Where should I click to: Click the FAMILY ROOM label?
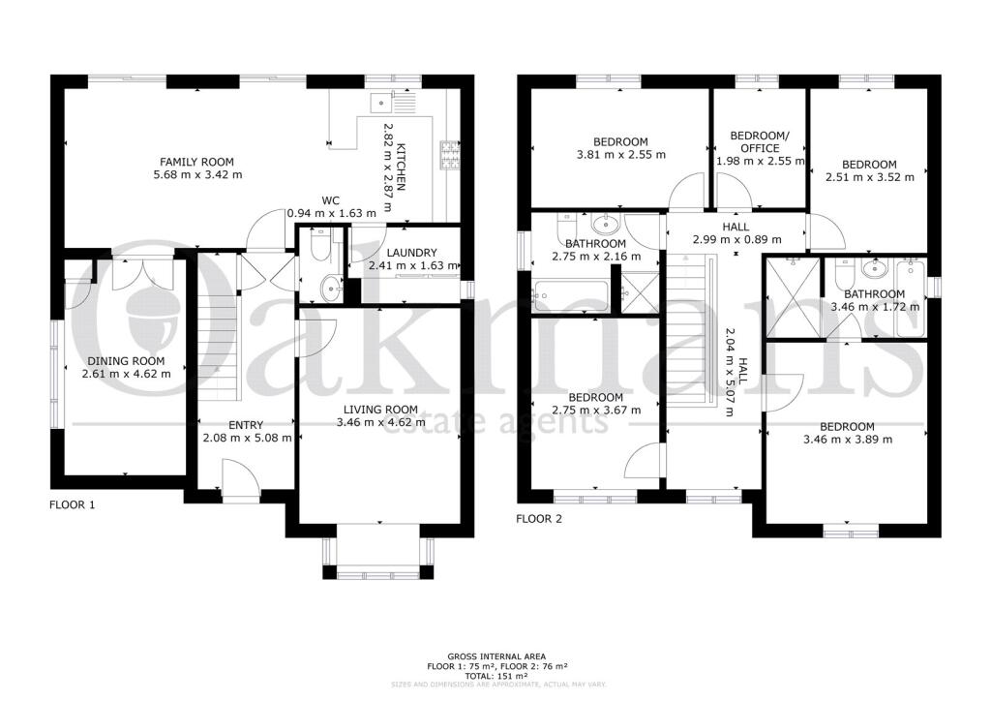(196, 162)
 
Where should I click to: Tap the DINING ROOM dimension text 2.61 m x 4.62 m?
(123, 374)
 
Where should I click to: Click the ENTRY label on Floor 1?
(246, 425)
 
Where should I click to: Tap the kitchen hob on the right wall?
(450, 153)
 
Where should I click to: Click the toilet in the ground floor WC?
(319, 246)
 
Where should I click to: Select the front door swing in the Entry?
(236, 477)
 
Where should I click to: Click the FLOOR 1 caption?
(73, 504)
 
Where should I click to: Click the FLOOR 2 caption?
(539, 519)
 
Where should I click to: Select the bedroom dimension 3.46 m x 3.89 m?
(847, 440)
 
